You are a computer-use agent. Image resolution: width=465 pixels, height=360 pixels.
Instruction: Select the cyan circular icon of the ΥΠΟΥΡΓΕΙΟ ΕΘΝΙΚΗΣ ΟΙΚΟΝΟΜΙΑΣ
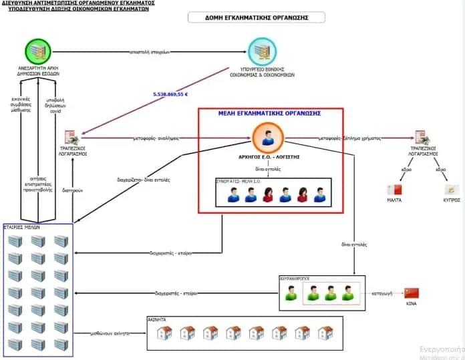coord(263,52)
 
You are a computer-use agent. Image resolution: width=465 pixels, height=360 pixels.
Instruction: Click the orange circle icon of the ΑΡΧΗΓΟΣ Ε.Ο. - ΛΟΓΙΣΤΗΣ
coord(268,140)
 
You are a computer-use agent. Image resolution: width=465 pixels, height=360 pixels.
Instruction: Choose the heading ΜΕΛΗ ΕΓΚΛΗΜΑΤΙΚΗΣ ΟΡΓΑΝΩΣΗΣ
coord(270,113)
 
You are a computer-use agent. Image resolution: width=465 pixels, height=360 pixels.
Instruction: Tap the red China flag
coord(412,293)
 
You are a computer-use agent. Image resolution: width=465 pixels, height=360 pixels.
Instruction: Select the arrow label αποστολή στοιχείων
coord(150,52)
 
